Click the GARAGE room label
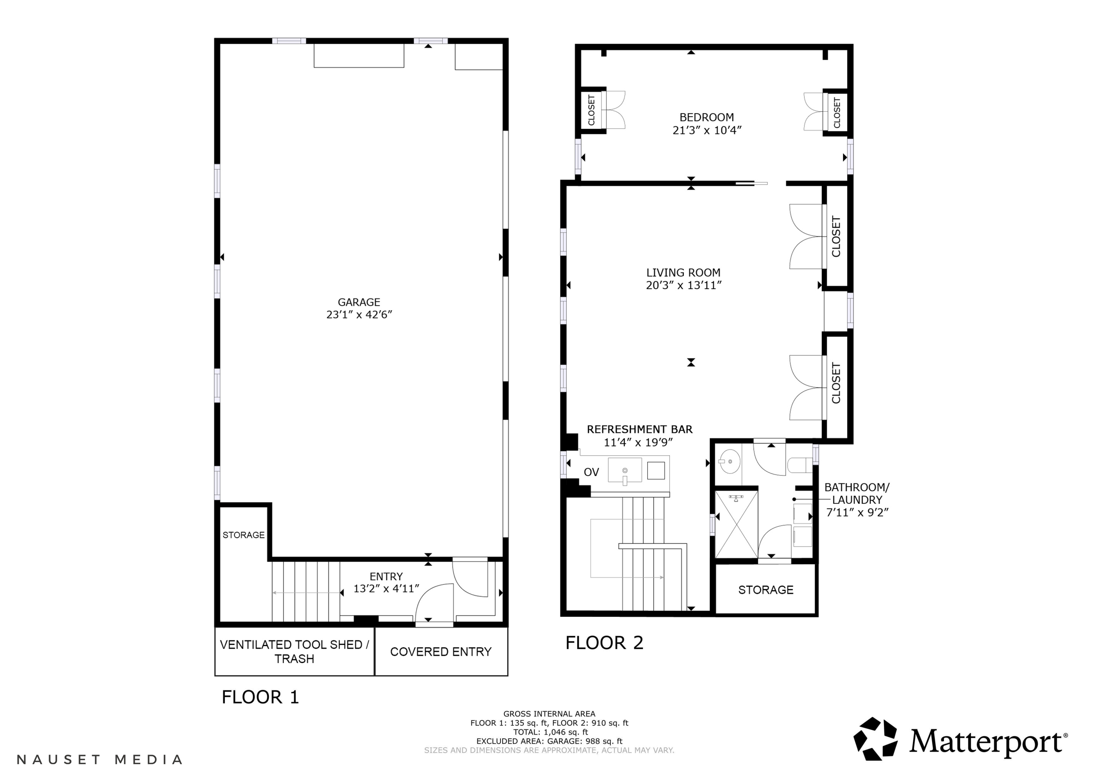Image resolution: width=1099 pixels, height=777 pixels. (359, 302)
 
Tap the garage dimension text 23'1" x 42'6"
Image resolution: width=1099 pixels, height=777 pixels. (359, 315)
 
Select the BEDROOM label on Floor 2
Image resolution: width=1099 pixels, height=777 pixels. (707, 117)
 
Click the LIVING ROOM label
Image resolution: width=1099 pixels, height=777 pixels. (683, 273)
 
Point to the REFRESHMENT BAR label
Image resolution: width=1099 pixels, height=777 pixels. (640, 429)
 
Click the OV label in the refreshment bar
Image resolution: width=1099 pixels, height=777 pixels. (591, 472)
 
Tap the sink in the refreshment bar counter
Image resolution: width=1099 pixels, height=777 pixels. (625, 471)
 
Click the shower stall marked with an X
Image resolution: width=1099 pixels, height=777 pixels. (736, 525)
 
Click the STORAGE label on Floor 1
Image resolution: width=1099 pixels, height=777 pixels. (243, 535)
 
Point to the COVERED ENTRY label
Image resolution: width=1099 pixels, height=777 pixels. (440, 652)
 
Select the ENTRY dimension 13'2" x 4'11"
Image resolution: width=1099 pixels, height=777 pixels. (386, 588)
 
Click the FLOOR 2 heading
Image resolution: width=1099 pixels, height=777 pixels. (604, 643)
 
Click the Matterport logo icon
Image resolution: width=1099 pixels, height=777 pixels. (876, 739)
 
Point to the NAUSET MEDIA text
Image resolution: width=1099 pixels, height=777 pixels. (100, 759)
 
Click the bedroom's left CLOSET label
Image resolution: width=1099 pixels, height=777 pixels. (591, 110)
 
